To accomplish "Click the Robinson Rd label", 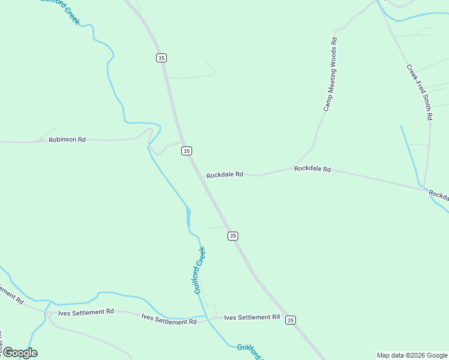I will pos(67,139).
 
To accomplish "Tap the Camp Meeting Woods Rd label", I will pos(331,74).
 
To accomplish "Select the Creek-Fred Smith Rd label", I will pos(420,92).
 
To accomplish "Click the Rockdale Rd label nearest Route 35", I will pos(224,175).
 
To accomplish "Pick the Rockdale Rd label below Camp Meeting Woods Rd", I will pos(312,169).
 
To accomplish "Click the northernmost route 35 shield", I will pos(161,58).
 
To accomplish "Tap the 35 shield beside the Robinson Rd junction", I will pos(187,151).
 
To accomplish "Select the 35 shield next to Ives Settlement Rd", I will pos(291,320).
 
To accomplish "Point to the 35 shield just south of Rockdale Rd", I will pos(233,236).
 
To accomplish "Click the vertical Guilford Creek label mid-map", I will pos(200,270).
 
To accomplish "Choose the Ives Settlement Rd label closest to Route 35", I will pos(252,317).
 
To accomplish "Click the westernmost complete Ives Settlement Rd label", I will pos(86,312).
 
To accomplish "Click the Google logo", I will pos(19,353).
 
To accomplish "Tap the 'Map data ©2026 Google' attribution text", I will pos(412,355).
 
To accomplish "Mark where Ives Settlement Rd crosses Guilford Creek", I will pos(206,317).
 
